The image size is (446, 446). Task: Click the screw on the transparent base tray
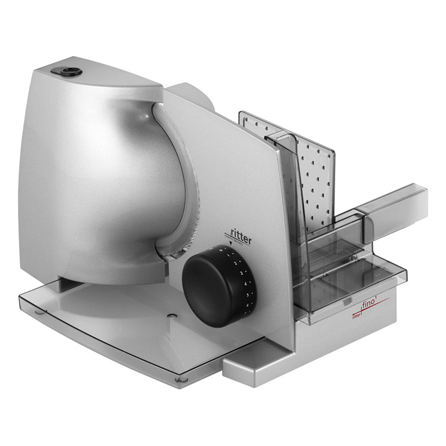point(173,316)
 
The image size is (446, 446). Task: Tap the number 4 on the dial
point(246,284)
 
